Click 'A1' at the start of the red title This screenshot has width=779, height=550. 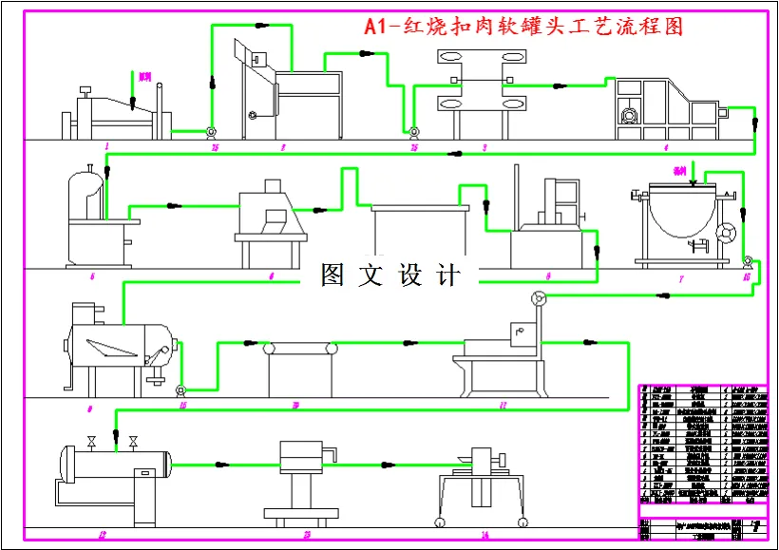377,26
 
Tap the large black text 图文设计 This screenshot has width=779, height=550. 390,275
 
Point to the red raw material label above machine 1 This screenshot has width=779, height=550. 143,75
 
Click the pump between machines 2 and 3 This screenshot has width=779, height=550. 413,131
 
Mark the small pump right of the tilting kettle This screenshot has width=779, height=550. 748,260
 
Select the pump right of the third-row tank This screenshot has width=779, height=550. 181,389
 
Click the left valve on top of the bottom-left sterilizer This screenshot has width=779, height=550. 91,442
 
